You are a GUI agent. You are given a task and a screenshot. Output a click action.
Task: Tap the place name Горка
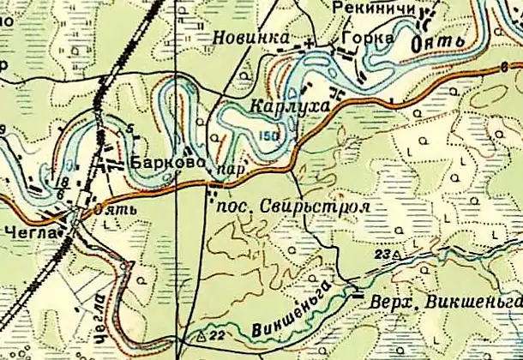tap(367, 39)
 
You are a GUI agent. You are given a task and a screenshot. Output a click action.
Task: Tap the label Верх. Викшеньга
tap(445, 303)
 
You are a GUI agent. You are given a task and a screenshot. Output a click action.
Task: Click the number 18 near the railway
tap(60, 183)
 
